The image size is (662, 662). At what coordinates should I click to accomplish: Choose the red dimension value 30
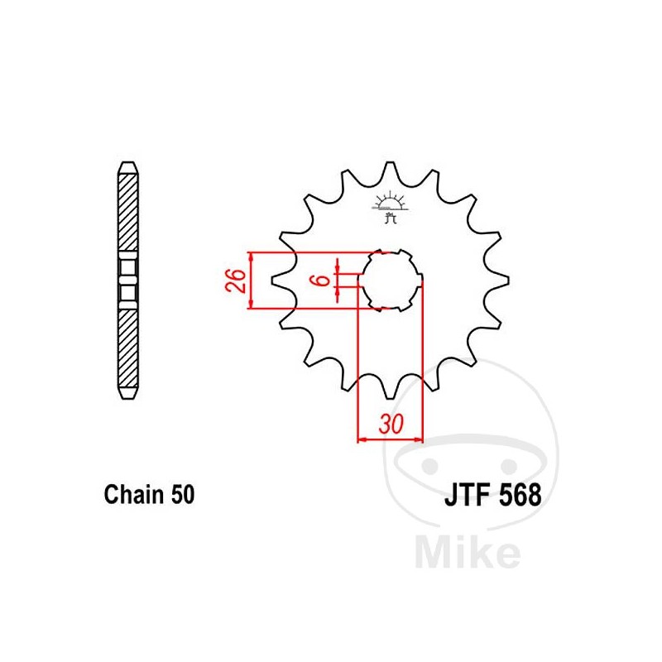click(390, 425)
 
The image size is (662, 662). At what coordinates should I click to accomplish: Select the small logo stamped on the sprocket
click(390, 207)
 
